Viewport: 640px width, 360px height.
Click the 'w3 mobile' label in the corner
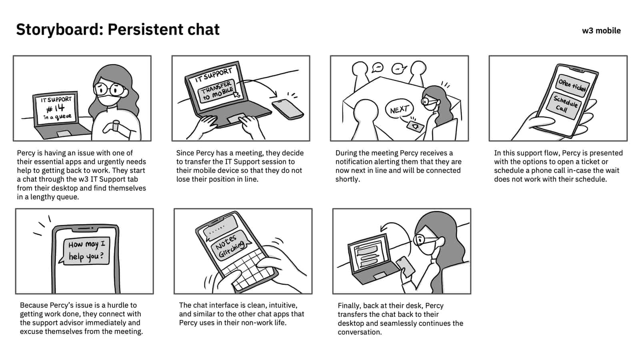tap(601, 30)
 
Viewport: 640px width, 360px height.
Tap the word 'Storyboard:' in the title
tap(60, 30)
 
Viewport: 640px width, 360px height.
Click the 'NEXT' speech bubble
tap(399, 109)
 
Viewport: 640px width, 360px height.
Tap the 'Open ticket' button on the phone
tap(572, 84)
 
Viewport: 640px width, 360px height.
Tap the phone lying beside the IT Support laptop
tap(288, 109)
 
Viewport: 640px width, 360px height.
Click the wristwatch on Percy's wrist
tap(116, 126)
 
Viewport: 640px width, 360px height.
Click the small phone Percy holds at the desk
tap(405, 266)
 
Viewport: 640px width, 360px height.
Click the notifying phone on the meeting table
tap(415, 126)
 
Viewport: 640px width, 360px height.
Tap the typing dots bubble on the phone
tap(220, 227)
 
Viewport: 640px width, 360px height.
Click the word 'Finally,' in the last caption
tap(349, 306)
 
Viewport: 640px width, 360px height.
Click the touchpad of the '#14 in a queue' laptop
tap(64, 134)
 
